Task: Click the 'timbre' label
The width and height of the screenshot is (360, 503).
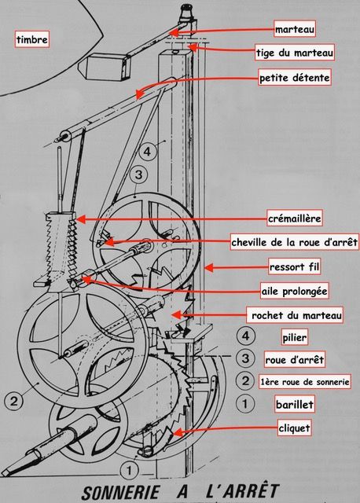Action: (x=31, y=39)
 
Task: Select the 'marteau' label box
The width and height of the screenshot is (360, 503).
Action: (x=294, y=30)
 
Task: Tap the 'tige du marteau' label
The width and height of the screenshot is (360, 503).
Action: (x=295, y=53)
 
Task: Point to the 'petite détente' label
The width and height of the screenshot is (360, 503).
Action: (x=294, y=78)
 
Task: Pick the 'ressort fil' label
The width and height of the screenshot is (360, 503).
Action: (x=292, y=266)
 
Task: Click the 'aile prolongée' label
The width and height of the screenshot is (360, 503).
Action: (x=293, y=291)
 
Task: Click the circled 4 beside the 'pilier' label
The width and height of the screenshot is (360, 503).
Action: (x=245, y=336)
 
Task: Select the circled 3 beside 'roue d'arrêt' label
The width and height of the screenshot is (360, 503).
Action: (x=245, y=359)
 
